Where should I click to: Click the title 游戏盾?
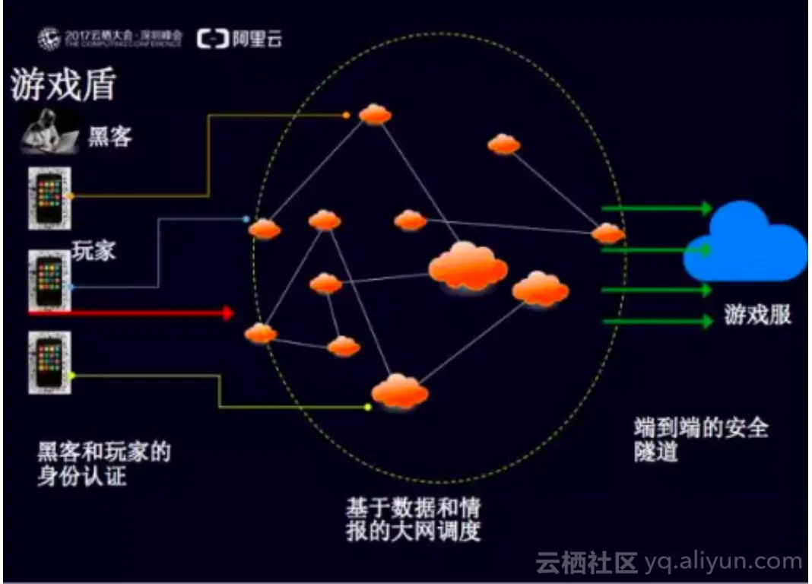pyautogui.click(x=64, y=86)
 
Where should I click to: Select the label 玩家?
pyautogui.click(x=94, y=252)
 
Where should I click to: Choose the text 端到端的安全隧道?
pyautogui.click(x=699, y=440)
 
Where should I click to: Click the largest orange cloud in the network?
pyautogui.click(x=468, y=265)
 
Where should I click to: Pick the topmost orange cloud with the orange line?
pyautogui.click(x=375, y=115)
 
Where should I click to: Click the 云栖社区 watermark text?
pyautogui.click(x=586, y=563)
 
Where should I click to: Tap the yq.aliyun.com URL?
pyautogui.click(x=723, y=563)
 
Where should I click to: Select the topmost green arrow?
pyautogui.click(x=657, y=208)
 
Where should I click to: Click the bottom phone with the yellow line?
pyautogui.click(x=49, y=363)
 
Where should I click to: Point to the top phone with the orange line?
pyautogui.click(x=49, y=198)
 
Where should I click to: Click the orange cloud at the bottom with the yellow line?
pyautogui.click(x=399, y=391)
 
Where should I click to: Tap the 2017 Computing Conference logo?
pyautogui.click(x=110, y=39)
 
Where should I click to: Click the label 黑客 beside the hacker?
pyautogui.click(x=110, y=137)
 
